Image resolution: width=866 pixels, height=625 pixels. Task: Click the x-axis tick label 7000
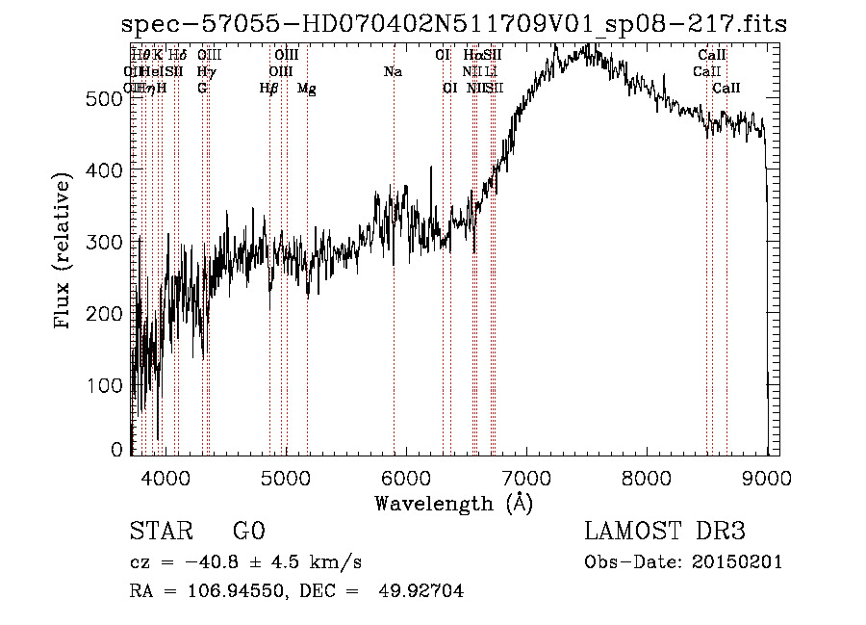(x=526, y=476)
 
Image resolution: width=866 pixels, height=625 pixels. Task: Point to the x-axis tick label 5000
(x=285, y=476)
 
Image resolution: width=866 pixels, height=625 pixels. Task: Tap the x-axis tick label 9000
(x=767, y=476)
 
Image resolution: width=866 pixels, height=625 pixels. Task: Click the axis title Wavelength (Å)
(x=453, y=503)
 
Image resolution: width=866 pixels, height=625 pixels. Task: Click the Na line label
(x=393, y=72)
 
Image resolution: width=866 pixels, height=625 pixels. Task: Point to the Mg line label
(x=307, y=89)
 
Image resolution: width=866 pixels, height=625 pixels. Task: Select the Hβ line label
(x=268, y=89)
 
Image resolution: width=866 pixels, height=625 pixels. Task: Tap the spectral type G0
(x=248, y=532)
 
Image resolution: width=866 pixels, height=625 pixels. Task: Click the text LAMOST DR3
(x=665, y=532)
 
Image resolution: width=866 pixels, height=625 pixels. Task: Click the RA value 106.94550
(x=220, y=591)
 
